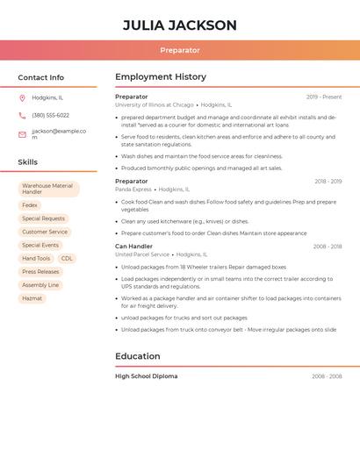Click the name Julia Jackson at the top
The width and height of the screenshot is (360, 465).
pos(180,25)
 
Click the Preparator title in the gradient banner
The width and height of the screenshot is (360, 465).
pos(180,50)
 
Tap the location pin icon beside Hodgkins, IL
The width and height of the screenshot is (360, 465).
pos(22,97)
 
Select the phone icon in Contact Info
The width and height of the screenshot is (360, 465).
pos(22,115)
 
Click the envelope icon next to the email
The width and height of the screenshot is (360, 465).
pos(22,134)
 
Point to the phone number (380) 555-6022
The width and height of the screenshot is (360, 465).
pos(50,115)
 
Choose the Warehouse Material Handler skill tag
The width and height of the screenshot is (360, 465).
pos(47,189)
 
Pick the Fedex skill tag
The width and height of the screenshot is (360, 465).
pos(30,205)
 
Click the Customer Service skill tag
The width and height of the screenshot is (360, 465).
pos(45,232)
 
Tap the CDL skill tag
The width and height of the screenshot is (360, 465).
pos(67,258)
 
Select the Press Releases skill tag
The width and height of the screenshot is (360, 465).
pos(40,272)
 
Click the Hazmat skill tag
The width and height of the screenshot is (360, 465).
pos(32,298)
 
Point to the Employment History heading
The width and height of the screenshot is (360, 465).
pos(161,77)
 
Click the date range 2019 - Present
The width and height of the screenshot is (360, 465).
pos(324,97)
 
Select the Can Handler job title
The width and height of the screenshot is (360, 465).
pos(133,247)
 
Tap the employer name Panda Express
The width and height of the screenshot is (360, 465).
pos(133,190)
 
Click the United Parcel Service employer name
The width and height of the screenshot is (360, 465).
pos(142,254)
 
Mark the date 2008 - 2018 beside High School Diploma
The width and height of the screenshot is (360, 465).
pos(327,376)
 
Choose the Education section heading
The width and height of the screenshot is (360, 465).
pos(138,356)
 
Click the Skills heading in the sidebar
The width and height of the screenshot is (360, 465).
pos(28,162)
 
